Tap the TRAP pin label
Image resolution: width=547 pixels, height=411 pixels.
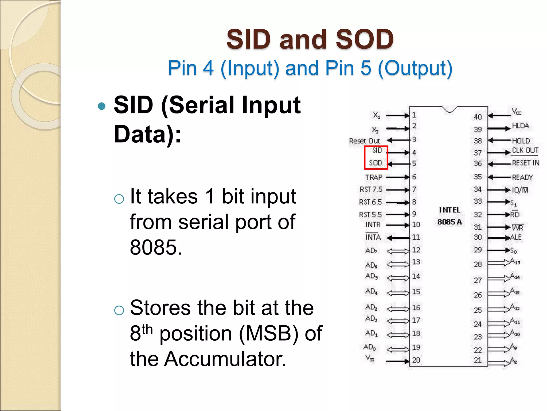(374, 177)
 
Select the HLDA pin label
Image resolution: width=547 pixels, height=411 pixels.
(520, 126)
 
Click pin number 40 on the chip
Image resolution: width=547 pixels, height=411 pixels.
(478, 117)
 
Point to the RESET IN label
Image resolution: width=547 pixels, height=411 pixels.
(525, 163)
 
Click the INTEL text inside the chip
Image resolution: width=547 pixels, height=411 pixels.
(450, 210)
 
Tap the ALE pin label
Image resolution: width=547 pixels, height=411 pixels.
(516, 237)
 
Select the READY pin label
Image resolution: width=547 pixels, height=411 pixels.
(522, 177)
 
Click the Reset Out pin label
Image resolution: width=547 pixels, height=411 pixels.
(364, 141)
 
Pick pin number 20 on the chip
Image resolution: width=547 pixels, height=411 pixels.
(416, 360)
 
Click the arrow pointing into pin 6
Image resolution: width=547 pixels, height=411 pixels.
(397, 177)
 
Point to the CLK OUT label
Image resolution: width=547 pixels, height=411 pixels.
(525, 150)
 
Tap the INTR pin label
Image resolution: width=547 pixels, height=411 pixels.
(373, 225)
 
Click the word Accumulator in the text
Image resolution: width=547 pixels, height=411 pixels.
(225, 359)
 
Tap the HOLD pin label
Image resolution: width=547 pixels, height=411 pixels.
(521, 141)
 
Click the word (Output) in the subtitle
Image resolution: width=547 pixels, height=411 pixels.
(415, 68)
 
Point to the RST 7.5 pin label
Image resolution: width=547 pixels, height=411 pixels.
(371, 189)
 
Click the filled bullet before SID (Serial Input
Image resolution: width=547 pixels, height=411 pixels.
(102, 106)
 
